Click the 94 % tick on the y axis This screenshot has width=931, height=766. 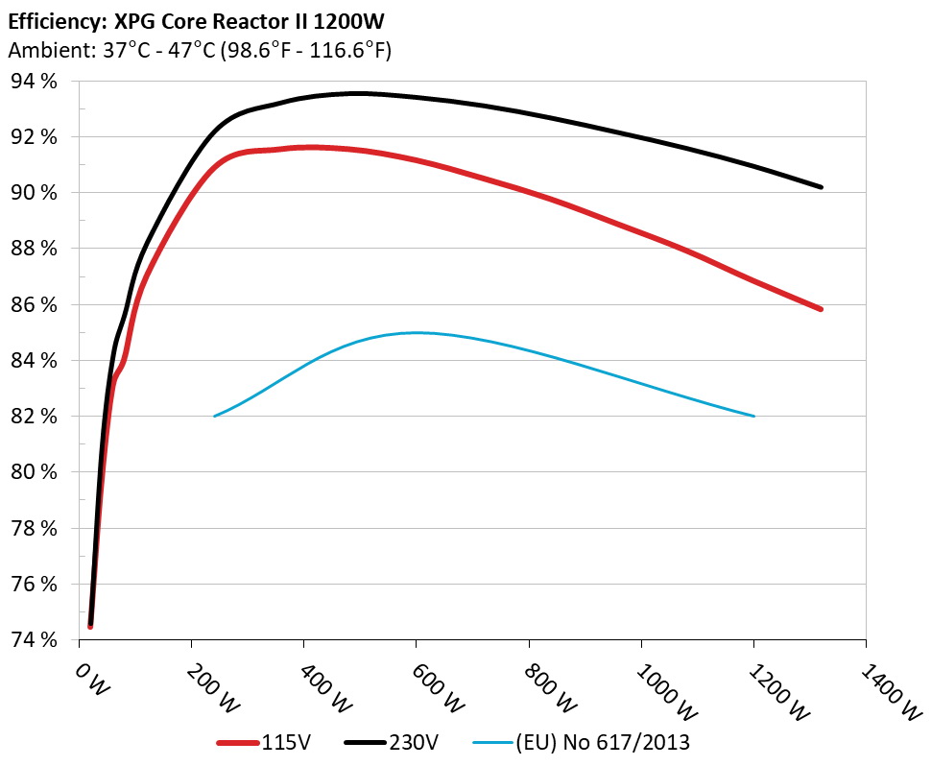pyautogui.click(x=33, y=82)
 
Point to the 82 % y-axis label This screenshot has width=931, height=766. pyautogui.click(x=33, y=417)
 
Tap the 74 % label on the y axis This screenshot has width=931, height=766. pyautogui.click(x=33, y=639)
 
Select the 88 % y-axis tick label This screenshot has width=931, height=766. pyautogui.click(x=33, y=249)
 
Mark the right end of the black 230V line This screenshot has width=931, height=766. pyautogui.click(x=822, y=187)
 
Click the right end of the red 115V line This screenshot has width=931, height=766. pyautogui.click(x=822, y=309)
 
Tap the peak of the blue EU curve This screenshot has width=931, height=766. pyautogui.click(x=417, y=333)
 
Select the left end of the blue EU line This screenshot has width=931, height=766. pyautogui.click(x=214, y=416)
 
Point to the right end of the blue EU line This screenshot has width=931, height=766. pyautogui.click(x=754, y=416)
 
